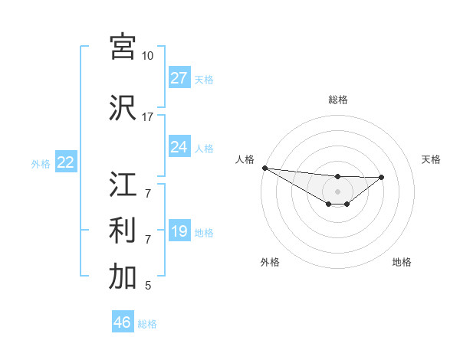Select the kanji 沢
[x=123, y=108]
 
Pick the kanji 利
[x=123, y=231]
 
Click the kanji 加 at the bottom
[x=123, y=277]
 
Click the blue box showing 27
[x=179, y=78]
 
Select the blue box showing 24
[x=179, y=147]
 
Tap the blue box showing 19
[x=179, y=231]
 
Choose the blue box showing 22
[x=65, y=162]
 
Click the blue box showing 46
[x=122, y=322]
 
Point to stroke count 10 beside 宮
[x=147, y=56]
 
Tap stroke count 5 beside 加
[x=147, y=286]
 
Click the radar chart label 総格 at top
[x=337, y=100]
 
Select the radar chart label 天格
[x=431, y=159]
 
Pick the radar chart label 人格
[x=245, y=159]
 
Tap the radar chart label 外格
[x=269, y=262]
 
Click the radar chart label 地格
[x=402, y=262]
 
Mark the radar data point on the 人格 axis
[x=264, y=168]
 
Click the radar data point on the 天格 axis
[x=382, y=178]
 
